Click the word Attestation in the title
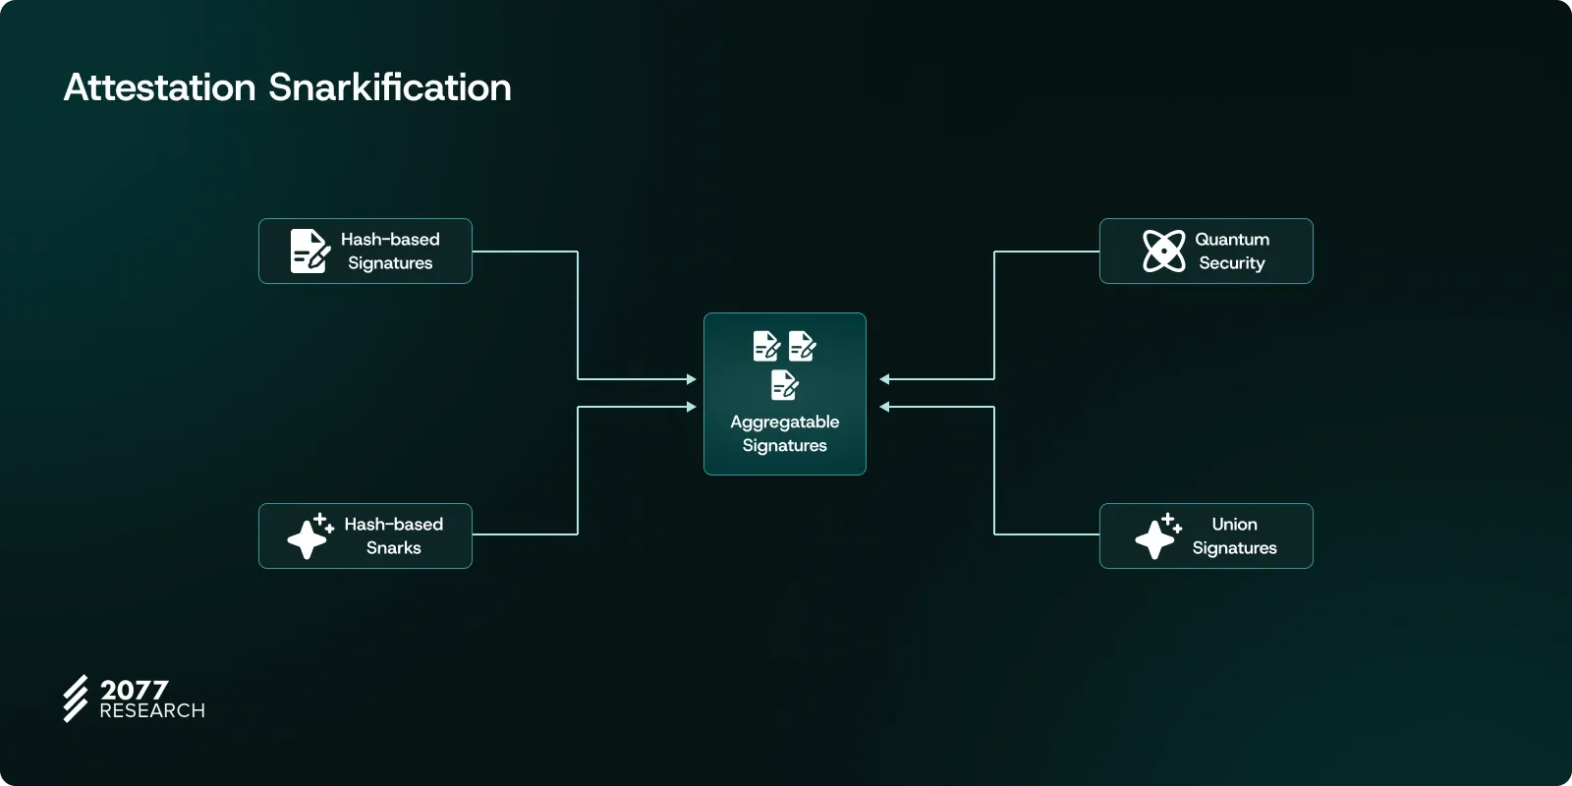click(x=159, y=87)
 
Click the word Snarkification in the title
click(x=390, y=87)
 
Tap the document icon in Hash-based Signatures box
click(x=309, y=252)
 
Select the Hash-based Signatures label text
click(x=390, y=252)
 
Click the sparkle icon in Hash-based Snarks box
click(x=309, y=536)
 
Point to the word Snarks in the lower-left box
click(x=393, y=548)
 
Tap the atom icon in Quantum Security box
click(x=1164, y=251)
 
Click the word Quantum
click(x=1232, y=240)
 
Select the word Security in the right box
click(x=1232, y=263)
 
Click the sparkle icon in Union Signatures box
click(x=1157, y=536)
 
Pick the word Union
click(x=1234, y=525)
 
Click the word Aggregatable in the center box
click(x=784, y=422)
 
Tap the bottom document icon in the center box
click(x=784, y=385)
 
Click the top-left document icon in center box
click(x=766, y=346)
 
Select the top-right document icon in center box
click(x=802, y=346)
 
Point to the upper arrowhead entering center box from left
click(x=692, y=379)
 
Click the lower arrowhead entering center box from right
click(x=884, y=407)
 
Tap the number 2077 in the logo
click(x=135, y=690)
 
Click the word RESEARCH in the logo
click(x=152, y=710)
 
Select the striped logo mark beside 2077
click(x=76, y=699)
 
